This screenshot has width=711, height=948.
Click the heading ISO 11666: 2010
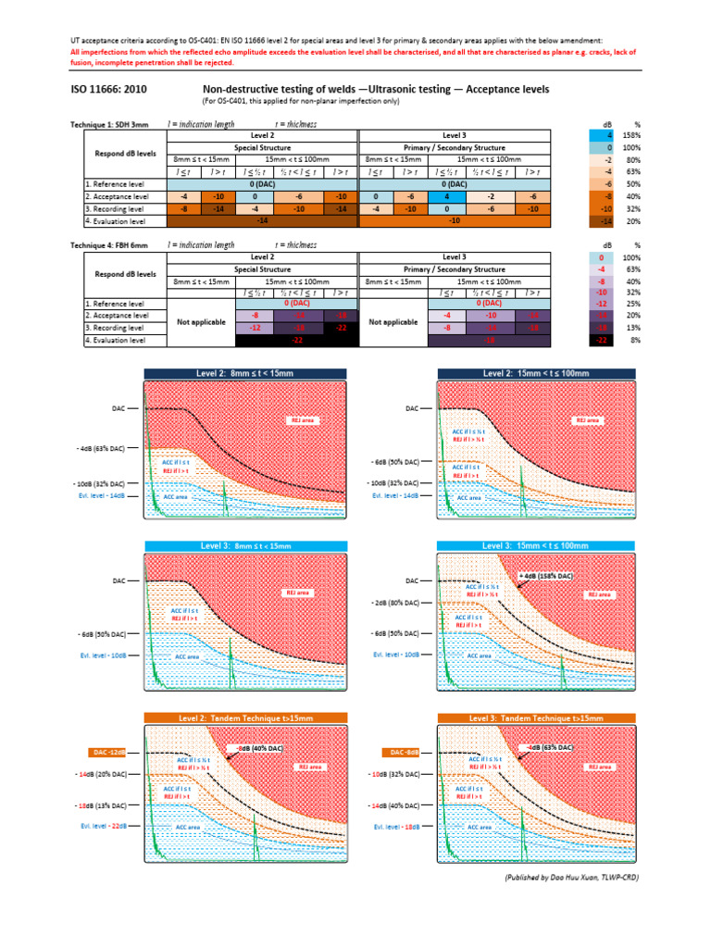point(108,90)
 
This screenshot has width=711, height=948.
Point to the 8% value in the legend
point(635,342)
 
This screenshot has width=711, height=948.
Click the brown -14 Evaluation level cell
point(261,222)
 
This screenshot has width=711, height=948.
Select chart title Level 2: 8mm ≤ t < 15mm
point(244,373)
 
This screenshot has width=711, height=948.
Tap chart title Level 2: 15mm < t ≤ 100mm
point(530,373)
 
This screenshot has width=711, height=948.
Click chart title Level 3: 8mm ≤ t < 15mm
point(244,545)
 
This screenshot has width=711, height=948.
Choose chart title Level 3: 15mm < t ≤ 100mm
point(530,545)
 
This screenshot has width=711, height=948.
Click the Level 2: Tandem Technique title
point(244,717)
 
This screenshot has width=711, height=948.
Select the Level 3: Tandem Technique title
point(530,717)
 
